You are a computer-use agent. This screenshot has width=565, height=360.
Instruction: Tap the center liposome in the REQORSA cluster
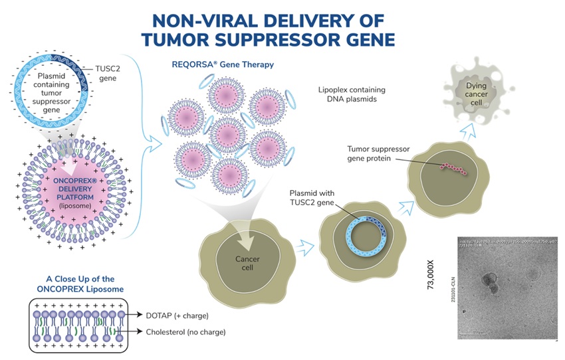[229, 137]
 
